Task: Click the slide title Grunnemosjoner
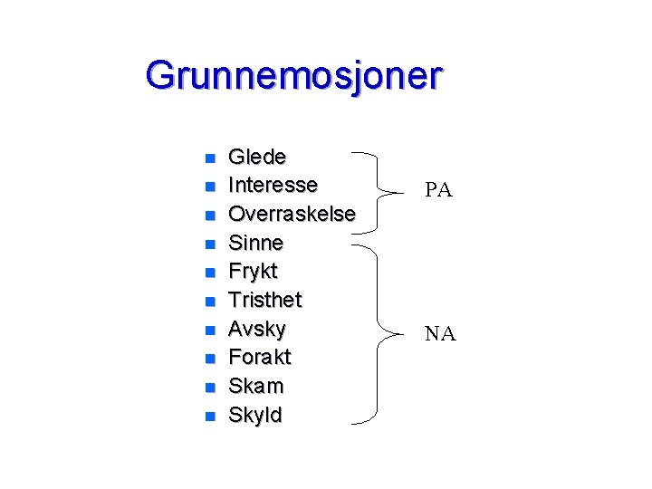click(293, 76)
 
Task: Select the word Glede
click(257, 157)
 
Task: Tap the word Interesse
click(273, 186)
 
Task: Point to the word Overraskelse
click(292, 214)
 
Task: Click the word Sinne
click(255, 243)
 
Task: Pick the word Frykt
click(253, 272)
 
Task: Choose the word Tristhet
click(264, 300)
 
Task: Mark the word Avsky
click(256, 329)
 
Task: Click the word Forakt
click(259, 358)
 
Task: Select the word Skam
click(255, 387)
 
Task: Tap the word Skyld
click(254, 416)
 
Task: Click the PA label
click(438, 191)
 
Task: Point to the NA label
click(441, 335)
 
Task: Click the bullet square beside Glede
click(209, 158)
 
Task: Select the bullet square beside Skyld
click(209, 417)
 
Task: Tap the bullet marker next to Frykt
click(209, 273)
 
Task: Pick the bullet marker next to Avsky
click(209, 331)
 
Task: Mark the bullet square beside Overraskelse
click(209, 216)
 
